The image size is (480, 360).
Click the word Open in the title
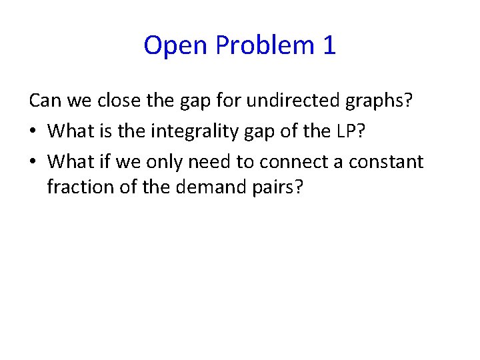point(171,45)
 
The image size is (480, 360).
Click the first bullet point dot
point(33,131)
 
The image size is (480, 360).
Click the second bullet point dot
point(33,162)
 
